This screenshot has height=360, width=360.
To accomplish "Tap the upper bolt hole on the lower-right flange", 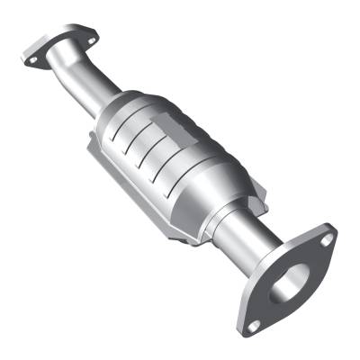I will [x=327, y=239].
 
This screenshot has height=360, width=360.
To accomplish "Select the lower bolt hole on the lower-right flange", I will [x=255, y=325].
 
